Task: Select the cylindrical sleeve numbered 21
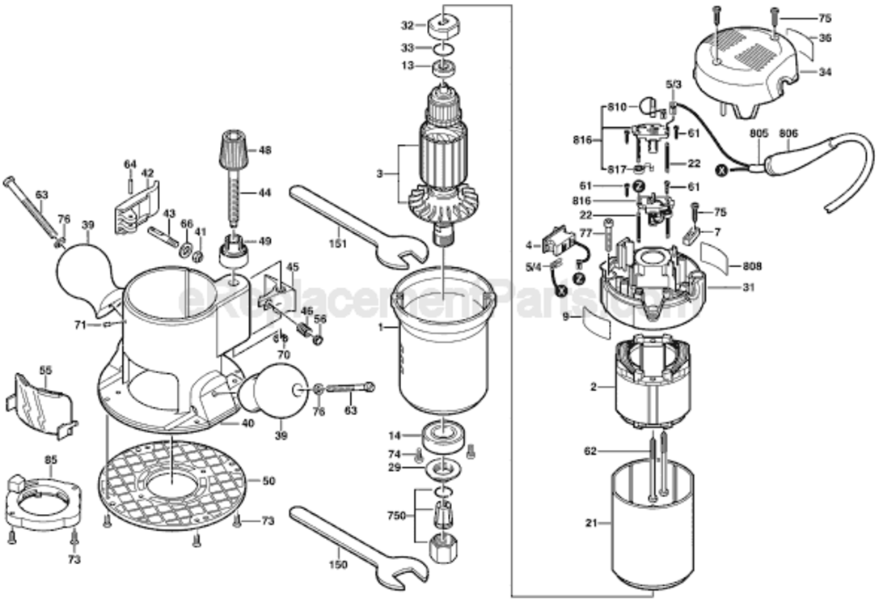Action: tap(652, 526)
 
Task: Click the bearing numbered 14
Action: tap(444, 435)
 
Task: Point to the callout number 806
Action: tap(788, 134)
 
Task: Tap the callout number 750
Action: tap(395, 515)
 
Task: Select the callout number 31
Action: tap(748, 287)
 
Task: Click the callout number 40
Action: tap(248, 422)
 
